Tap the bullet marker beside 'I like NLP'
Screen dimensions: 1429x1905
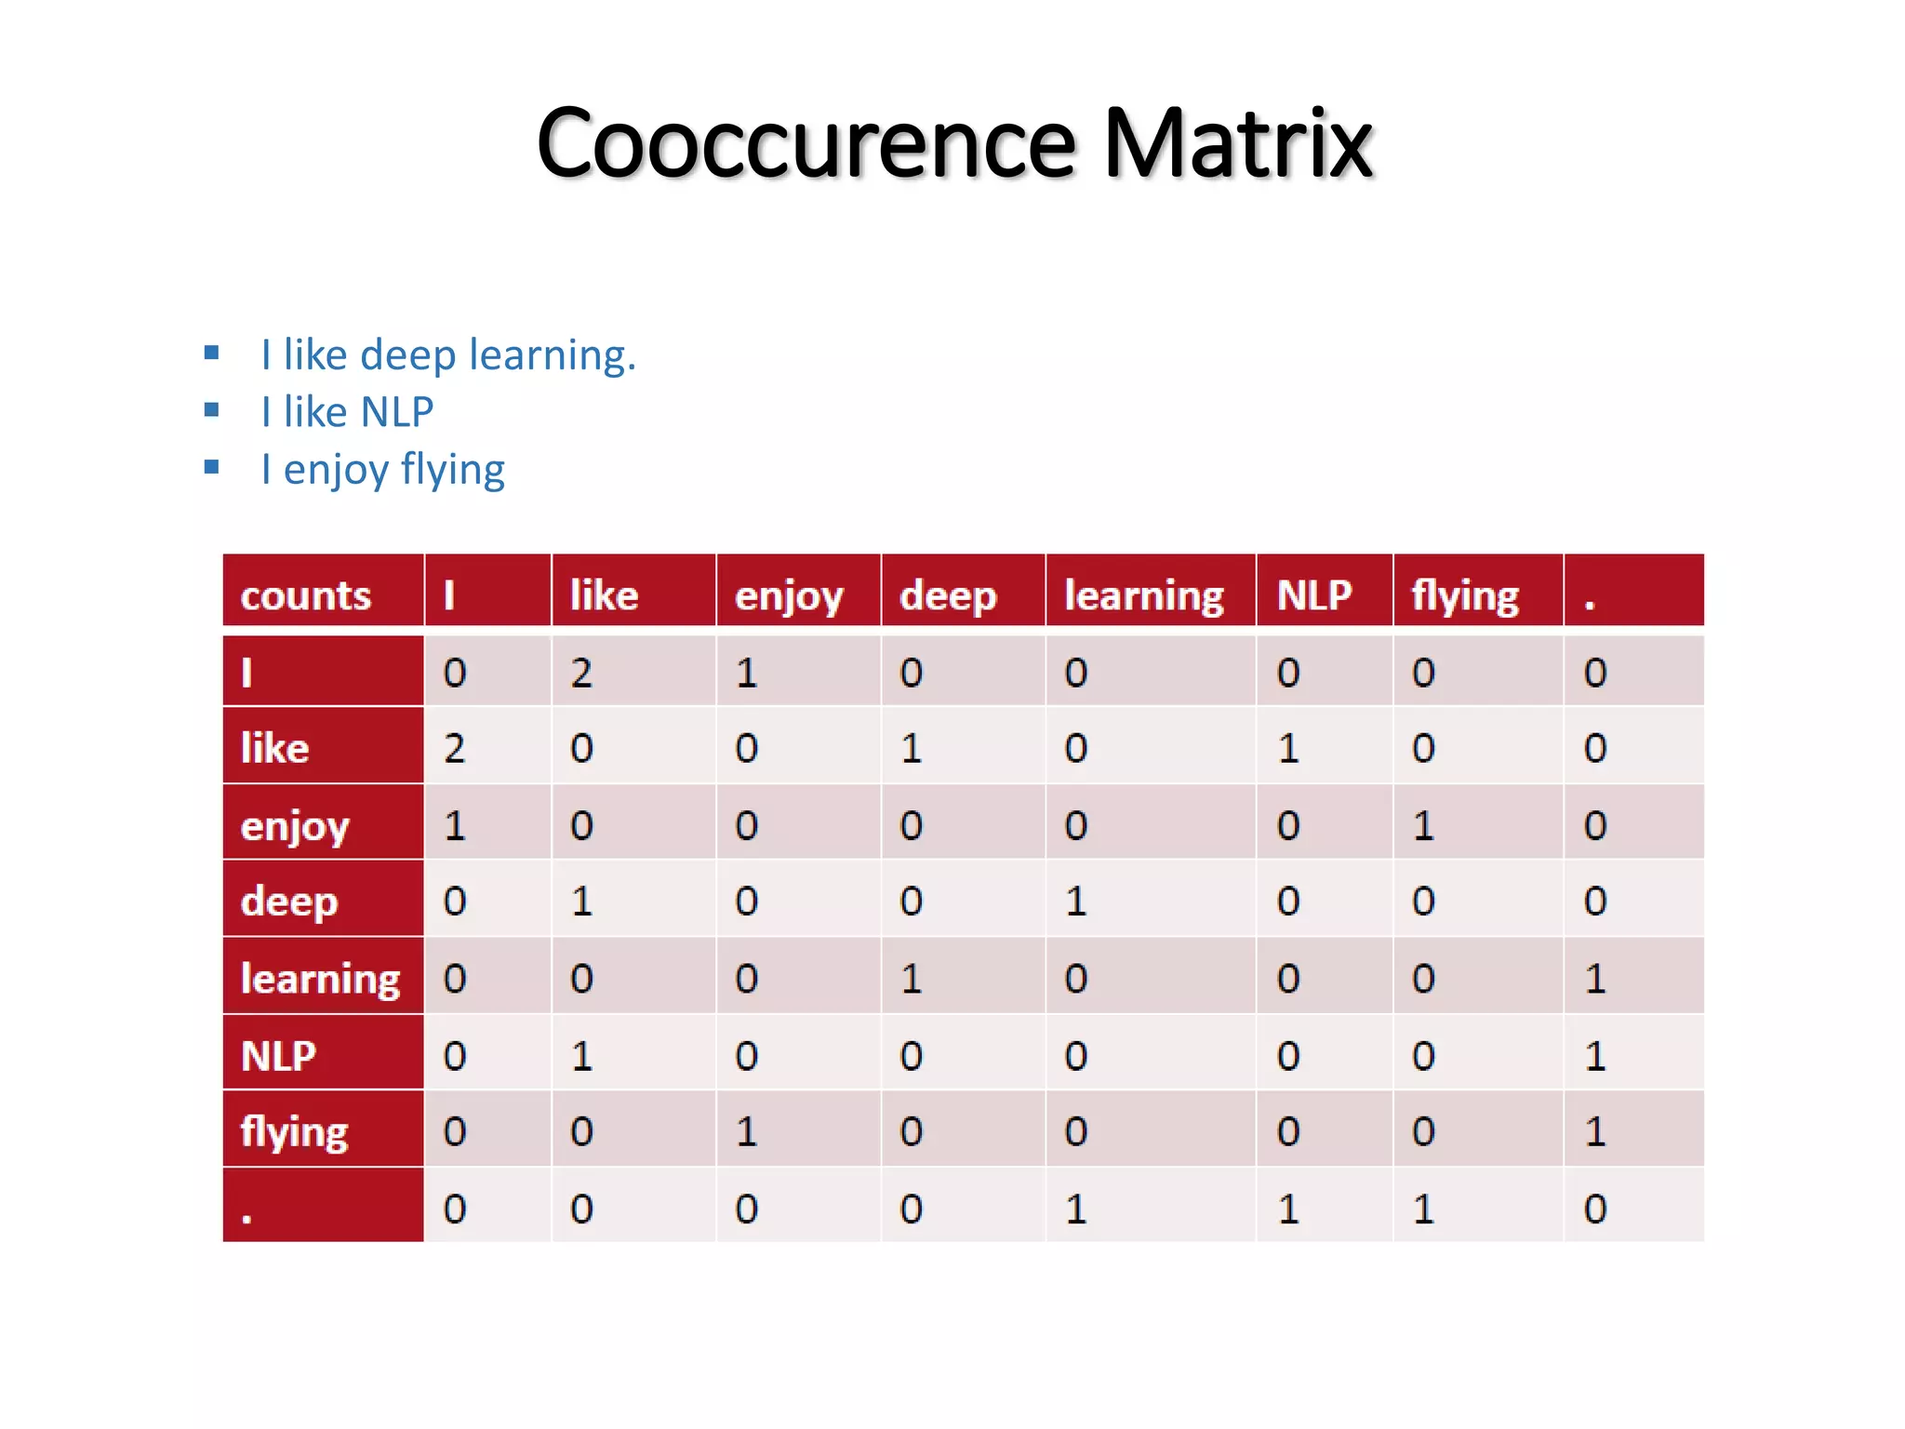[x=212, y=410]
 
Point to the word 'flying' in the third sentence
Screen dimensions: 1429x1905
[x=453, y=470]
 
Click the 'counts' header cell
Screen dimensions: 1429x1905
[x=305, y=595]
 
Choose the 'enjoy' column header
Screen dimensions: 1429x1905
[x=789, y=595]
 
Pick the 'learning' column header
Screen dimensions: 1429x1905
[x=1144, y=595]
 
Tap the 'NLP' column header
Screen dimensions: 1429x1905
[x=1314, y=595]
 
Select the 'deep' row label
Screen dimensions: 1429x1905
[x=289, y=901]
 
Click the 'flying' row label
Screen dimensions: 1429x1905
[x=294, y=1132]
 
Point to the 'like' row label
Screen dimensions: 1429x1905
[x=275, y=748]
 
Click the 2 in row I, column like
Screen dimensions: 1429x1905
[x=581, y=673]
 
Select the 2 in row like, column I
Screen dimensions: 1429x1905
[x=454, y=748]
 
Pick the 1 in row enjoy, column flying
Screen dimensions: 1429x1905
[x=1423, y=825]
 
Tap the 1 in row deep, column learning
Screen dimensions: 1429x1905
[x=1076, y=901]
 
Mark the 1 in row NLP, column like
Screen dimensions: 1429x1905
[x=581, y=1056]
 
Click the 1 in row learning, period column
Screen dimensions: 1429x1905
[x=1595, y=978]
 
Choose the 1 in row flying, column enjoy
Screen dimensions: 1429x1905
[x=746, y=1132]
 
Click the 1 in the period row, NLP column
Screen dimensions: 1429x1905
[x=1288, y=1209]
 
